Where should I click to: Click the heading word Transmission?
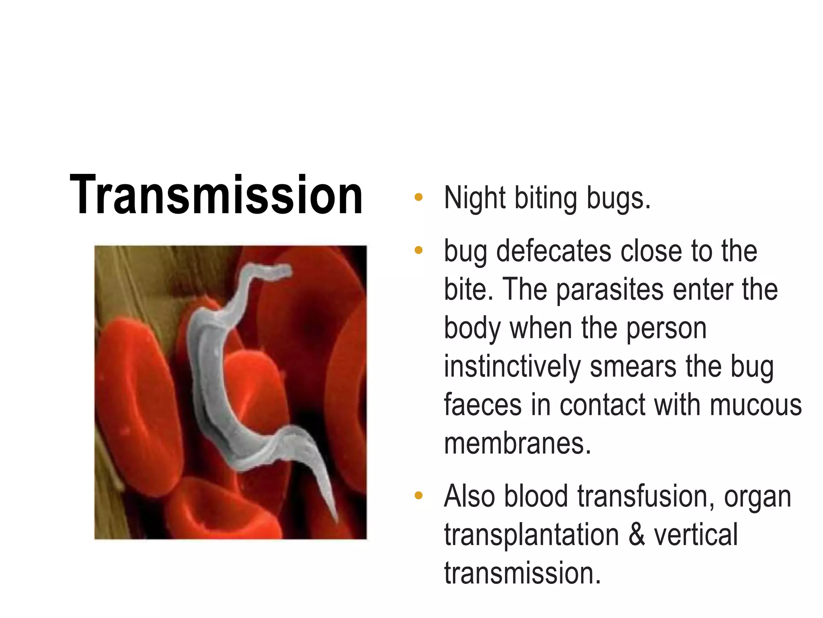coord(216,195)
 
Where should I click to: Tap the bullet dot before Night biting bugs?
coord(419,197)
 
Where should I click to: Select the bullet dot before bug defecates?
coord(419,250)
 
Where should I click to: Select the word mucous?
coord(755,406)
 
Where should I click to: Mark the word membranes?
coord(518,443)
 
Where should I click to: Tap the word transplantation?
coord(531,536)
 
